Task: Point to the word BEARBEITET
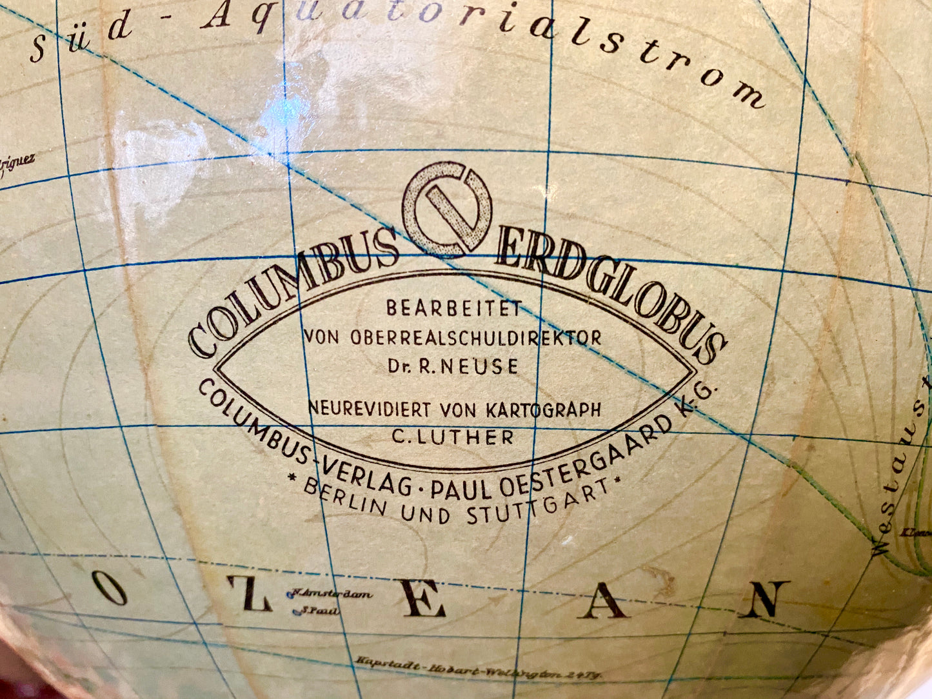point(453,309)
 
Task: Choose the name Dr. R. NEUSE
point(453,366)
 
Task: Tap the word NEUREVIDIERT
point(371,408)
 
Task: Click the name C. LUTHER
point(453,437)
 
